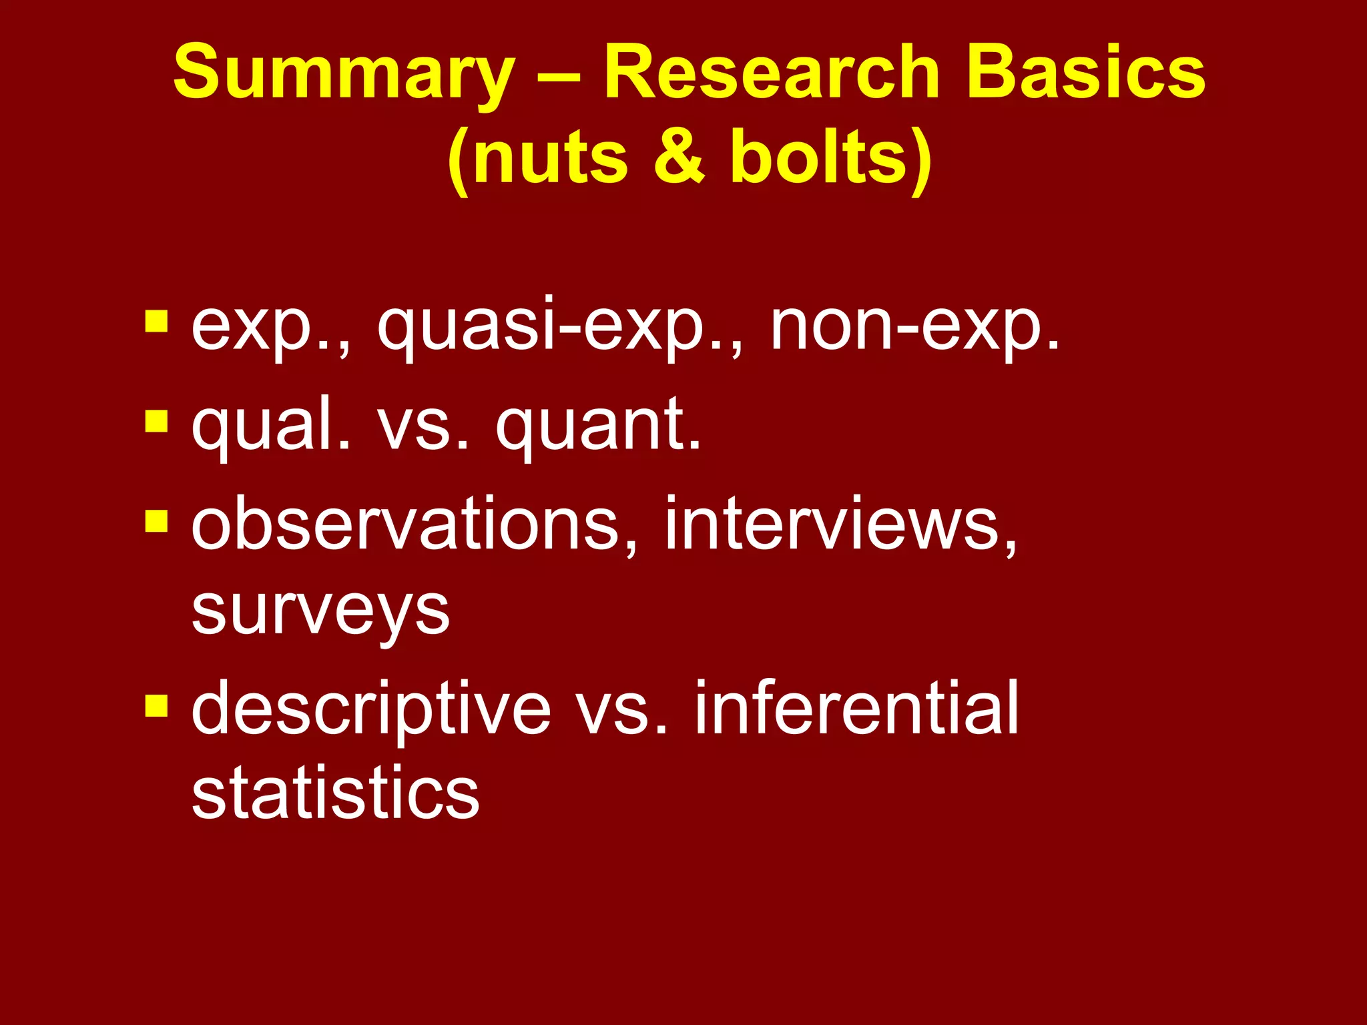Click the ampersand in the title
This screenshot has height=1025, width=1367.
click(x=679, y=157)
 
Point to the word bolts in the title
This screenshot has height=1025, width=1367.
click(x=821, y=157)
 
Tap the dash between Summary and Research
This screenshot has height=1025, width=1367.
click(x=559, y=75)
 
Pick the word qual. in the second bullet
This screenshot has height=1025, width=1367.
click(x=270, y=425)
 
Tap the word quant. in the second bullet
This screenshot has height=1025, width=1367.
click(x=598, y=425)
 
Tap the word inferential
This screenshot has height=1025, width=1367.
click(x=857, y=707)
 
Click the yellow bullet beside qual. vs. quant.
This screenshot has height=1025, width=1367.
click(x=156, y=422)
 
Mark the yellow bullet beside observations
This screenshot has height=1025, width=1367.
click(x=156, y=521)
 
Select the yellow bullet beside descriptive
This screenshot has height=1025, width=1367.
click(x=156, y=705)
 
